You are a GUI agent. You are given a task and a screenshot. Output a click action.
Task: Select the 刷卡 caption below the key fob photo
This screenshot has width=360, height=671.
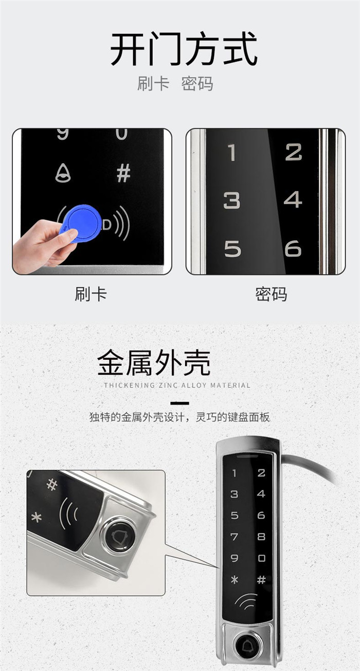[91, 294]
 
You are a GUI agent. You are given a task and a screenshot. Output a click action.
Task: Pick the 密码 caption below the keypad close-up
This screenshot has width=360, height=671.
[271, 294]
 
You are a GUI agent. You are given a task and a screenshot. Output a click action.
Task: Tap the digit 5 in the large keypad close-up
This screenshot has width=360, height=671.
[232, 249]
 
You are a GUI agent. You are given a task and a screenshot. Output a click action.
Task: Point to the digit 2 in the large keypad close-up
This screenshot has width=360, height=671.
[293, 152]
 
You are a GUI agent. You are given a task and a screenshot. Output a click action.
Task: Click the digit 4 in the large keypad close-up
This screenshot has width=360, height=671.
[293, 200]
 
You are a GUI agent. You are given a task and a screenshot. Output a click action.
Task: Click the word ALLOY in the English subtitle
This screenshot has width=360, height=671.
[194, 385]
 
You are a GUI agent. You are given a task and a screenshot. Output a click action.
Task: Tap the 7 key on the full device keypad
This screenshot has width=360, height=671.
[234, 537]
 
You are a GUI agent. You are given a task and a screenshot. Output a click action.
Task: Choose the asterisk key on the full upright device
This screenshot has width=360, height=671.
[235, 579]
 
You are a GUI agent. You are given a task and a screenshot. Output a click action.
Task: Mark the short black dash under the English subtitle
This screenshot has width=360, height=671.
[179, 403]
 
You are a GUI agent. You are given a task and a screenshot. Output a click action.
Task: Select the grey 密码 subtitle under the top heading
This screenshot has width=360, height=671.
[197, 83]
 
